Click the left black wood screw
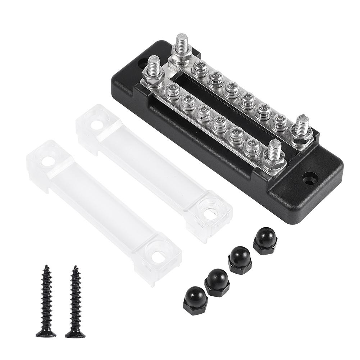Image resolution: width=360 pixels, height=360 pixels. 46,302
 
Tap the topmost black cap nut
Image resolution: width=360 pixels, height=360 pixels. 265,241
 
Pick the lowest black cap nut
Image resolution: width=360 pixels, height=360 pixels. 195,300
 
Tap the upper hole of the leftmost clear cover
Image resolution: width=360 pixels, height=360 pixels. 48,161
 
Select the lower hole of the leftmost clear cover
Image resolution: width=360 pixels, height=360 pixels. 158,256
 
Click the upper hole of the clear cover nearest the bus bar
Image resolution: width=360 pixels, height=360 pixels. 96,125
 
